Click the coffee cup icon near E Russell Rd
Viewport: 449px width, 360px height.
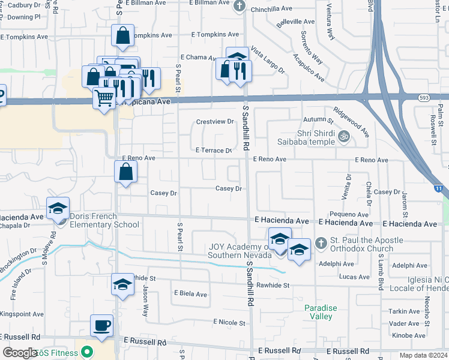click(x=101, y=326)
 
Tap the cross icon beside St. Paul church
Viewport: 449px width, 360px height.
click(x=321, y=242)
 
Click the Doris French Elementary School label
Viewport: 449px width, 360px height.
click(x=104, y=220)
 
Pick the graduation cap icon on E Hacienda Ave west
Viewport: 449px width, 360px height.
click(x=58, y=208)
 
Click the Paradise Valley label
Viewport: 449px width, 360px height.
click(x=321, y=312)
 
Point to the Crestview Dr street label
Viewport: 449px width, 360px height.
click(x=215, y=122)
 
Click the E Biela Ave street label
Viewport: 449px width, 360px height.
click(x=190, y=294)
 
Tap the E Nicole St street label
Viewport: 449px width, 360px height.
click(x=229, y=323)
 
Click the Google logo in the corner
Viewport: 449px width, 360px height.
click(x=20, y=352)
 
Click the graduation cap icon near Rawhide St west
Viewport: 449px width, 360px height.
click(x=122, y=284)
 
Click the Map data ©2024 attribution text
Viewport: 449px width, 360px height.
click(x=424, y=355)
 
